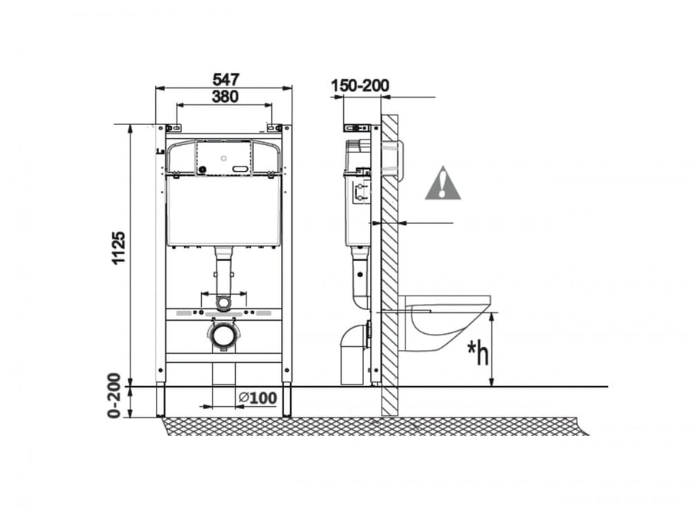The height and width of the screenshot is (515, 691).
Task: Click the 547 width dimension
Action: click(226, 79)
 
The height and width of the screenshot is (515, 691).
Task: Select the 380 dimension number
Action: click(225, 96)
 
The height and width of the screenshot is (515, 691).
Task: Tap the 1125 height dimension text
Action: click(118, 248)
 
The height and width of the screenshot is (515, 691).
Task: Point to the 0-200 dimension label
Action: click(114, 395)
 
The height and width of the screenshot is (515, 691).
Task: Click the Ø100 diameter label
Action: click(258, 398)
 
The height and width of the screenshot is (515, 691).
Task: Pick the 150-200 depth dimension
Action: click(360, 85)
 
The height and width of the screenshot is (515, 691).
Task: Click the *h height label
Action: click(478, 352)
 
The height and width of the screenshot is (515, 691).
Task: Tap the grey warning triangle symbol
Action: click(442, 183)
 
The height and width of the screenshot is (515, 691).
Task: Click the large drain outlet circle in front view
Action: click(224, 335)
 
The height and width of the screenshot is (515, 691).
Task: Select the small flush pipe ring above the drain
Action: click(224, 303)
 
